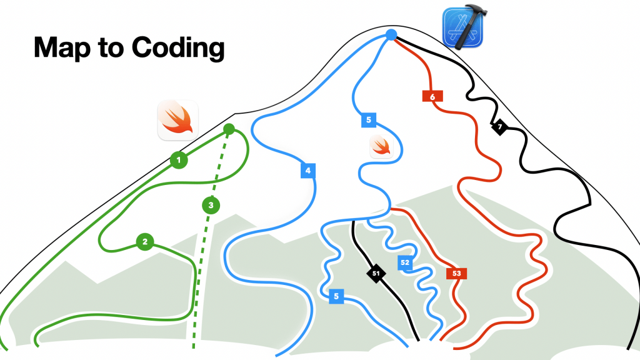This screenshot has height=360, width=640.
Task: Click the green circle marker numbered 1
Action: coord(179,161)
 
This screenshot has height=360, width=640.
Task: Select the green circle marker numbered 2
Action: coord(145,241)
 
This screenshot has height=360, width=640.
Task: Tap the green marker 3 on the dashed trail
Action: coord(211,205)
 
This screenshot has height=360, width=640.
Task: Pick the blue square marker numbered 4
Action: coord(307,170)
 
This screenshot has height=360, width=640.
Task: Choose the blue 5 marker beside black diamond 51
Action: coord(337,296)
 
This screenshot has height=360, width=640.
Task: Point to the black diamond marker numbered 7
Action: coord(499,127)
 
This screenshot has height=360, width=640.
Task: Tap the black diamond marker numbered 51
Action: coord(376,273)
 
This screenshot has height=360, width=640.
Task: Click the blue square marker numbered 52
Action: coord(405,262)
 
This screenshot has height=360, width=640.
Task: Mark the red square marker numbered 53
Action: coord(457,273)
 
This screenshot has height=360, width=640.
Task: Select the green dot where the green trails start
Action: coord(229,129)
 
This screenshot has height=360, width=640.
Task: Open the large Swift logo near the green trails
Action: coord(178,120)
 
